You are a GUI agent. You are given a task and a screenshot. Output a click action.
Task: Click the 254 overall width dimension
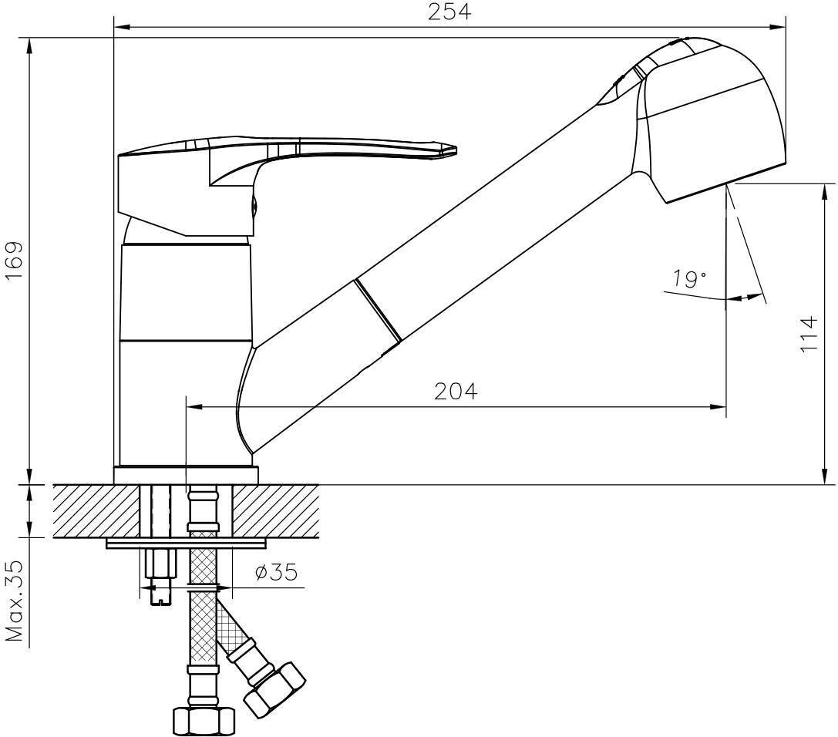click(449, 12)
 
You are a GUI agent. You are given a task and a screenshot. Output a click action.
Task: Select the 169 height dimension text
click(14, 260)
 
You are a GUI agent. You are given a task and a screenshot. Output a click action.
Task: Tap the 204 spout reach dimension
click(456, 391)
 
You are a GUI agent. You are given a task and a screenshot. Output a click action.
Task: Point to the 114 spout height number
click(810, 334)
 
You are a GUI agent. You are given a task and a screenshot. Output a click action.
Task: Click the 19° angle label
click(689, 278)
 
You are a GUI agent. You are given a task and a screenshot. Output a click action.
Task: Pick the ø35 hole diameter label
click(276, 572)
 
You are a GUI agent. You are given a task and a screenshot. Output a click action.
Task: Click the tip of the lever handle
click(456, 150)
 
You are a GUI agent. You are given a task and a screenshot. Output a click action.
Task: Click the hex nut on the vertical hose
click(204, 722)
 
